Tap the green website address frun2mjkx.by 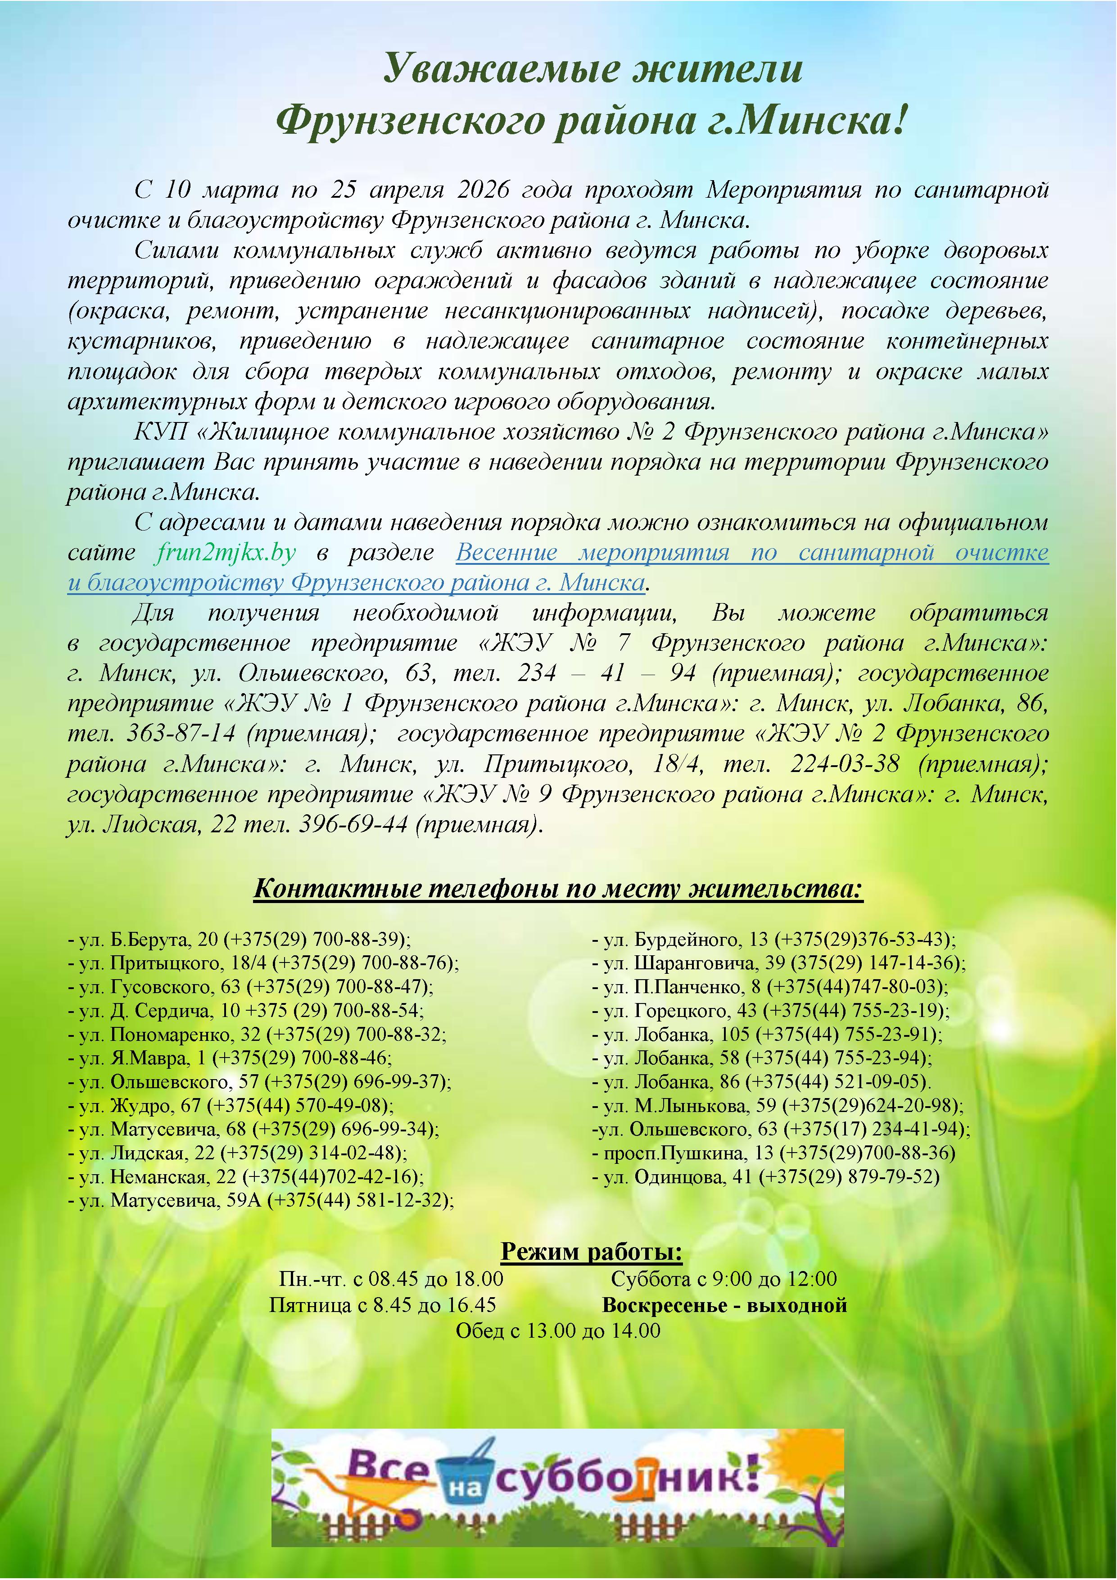226,552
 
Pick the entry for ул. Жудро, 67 231,1106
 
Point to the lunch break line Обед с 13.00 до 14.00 558,1331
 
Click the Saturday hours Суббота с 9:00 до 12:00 724,1279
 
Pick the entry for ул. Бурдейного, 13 774,940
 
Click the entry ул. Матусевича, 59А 262,1201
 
